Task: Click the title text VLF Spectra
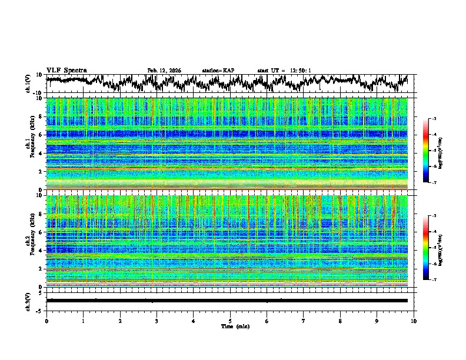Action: [x=66, y=70]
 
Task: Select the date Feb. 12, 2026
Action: [x=164, y=71]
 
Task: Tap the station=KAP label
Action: [x=218, y=71]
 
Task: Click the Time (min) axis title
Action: [x=230, y=326]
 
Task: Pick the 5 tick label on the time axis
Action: [x=230, y=321]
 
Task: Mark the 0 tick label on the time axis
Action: [x=46, y=321]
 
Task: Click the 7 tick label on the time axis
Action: [x=303, y=321]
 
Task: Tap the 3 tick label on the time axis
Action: [x=157, y=321]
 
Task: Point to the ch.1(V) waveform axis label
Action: [x=29, y=84]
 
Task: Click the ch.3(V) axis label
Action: [x=29, y=300]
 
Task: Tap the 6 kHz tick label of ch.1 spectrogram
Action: [x=42, y=135]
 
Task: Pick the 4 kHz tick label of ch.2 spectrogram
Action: [x=42, y=251]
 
